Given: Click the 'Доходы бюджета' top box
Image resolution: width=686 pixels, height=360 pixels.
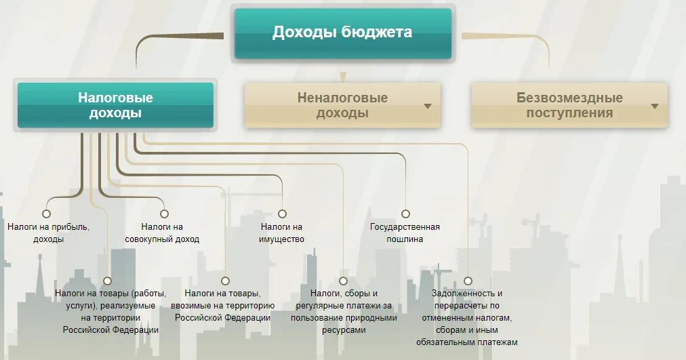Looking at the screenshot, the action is click(342, 33).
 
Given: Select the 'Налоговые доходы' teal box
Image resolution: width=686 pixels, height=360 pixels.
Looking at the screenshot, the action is click(115, 105).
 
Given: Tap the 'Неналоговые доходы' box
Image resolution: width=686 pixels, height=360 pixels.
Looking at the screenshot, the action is click(342, 105).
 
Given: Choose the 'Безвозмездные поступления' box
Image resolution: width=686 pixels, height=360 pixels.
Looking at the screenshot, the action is click(569, 105).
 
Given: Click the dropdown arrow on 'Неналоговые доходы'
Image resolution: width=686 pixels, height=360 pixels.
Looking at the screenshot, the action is click(428, 106).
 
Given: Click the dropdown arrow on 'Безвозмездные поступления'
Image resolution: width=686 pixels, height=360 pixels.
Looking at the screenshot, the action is click(655, 106).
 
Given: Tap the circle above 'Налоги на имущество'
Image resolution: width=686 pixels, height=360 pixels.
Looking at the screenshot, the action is click(282, 214).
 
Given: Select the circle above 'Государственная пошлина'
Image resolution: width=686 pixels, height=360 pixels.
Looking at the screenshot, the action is click(405, 214).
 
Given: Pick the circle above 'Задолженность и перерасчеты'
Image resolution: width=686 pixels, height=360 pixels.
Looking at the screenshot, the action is click(468, 281).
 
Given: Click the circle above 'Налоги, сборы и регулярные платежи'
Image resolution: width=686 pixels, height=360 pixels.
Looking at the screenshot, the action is click(343, 281).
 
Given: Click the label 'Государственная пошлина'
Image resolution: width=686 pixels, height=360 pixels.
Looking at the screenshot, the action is click(405, 233).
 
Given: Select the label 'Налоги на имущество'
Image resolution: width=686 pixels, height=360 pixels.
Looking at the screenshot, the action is click(282, 233).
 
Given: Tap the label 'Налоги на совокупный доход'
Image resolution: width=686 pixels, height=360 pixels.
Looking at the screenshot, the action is click(162, 233).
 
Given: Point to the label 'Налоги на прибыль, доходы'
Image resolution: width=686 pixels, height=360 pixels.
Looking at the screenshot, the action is click(48, 233).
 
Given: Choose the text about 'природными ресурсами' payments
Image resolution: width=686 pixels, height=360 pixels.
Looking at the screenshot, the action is click(344, 311).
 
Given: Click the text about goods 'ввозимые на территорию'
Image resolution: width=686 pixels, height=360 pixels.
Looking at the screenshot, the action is click(222, 305).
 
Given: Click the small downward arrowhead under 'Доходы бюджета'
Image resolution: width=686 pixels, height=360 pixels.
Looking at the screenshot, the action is click(343, 77).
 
